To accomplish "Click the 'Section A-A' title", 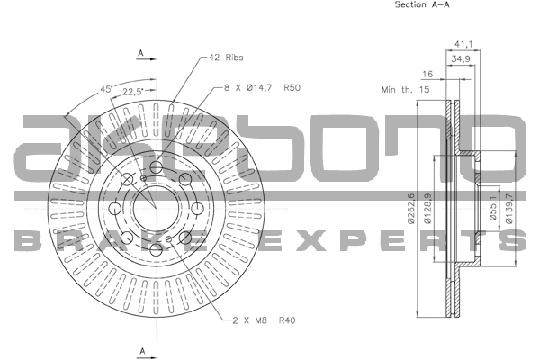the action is [422, 4].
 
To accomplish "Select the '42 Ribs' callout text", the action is [226, 58].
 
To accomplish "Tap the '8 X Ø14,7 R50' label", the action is [263, 88].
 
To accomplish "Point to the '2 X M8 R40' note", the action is [264, 320].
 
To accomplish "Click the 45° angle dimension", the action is [106, 89].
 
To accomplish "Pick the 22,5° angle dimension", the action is [132, 92].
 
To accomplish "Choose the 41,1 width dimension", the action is [463, 44].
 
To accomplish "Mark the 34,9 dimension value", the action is [461, 58].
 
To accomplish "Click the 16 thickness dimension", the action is [427, 74].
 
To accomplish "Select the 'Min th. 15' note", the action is [405, 90].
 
